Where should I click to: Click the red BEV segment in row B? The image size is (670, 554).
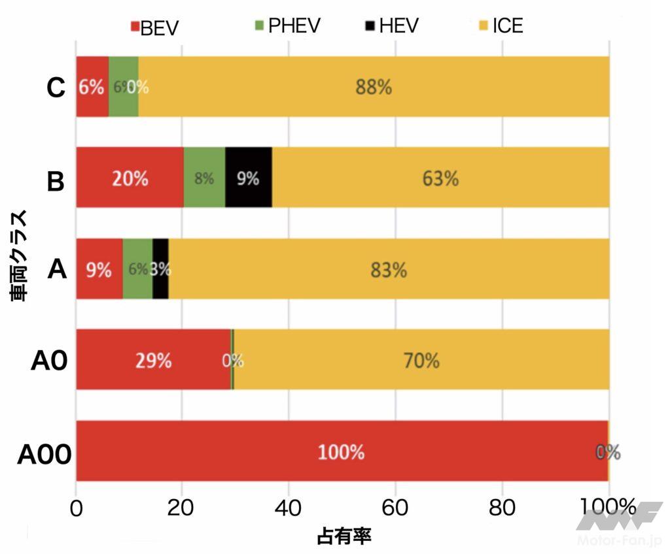pos(130,178)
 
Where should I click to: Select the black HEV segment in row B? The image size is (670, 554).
pos(249,178)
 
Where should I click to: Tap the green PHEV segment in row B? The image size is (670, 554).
pos(204,178)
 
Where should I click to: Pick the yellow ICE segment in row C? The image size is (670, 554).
pos(374,87)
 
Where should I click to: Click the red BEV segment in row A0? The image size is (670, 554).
pos(153,360)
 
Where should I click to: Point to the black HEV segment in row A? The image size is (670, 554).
pos(160,269)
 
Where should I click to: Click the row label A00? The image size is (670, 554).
pos(44,453)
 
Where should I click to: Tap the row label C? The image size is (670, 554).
pos(56,88)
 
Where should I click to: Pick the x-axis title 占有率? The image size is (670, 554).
pos(344,537)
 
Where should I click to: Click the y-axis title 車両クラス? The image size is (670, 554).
pos(19,255)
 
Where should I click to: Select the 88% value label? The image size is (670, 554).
pos(374,87)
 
